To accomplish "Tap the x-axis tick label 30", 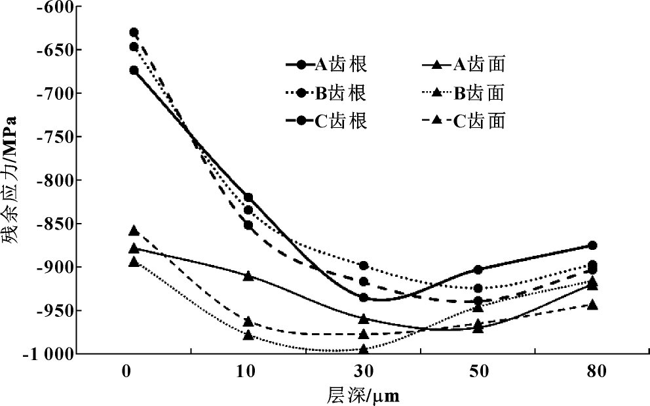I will [364, 372].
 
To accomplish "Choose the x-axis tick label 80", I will [593, 372].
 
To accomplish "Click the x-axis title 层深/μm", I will [363, 395].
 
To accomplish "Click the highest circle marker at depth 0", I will [134, 32].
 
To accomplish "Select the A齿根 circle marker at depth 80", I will [593, 245].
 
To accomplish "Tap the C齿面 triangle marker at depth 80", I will [593, 305].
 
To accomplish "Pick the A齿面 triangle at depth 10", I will [248, 275].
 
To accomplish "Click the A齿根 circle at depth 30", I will [364, 298].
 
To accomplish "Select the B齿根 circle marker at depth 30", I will [364, 266].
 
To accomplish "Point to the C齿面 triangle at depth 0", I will [134, 231].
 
